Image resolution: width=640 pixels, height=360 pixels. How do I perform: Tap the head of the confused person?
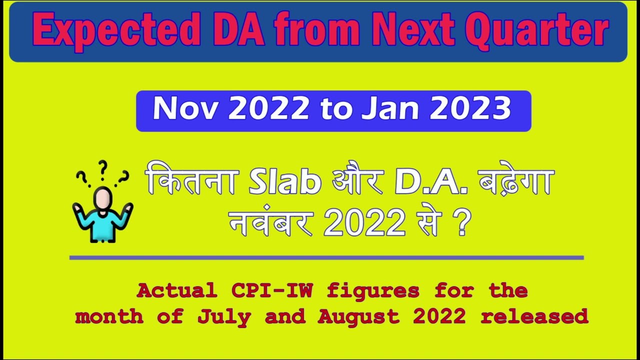(x=102, y=198)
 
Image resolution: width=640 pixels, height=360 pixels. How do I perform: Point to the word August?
(x=358, y=316)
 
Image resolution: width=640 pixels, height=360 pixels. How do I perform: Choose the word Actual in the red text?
(x=176, y=290)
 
